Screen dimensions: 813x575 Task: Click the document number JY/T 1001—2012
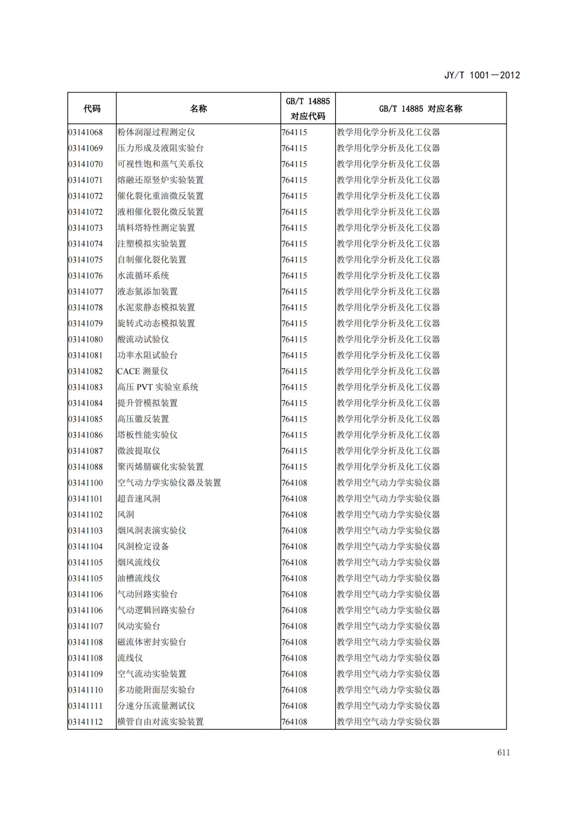pyautogui.click(x=482, y=75)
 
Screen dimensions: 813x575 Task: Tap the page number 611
pyautogui.click(x=503, y=753)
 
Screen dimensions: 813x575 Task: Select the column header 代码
pyautogui.click(x=92, y=109)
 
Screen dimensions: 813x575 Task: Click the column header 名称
pyautogui.click(x=198, y=109)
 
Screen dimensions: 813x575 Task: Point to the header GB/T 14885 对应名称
pyautogui.click(x=420, y=109)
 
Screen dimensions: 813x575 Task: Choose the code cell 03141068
pyautogui.click(x=86, y=132)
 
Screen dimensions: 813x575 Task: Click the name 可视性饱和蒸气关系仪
pyautogui.click(x=160, y=164)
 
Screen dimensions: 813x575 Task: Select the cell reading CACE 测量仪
pyautogui.click(x=142, y=372)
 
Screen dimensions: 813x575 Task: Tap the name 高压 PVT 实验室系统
pyautogui.click(x=157, y=387)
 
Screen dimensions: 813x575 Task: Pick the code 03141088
pyautogui.click(x=86, y=467)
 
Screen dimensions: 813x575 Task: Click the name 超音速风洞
pyautogui.click(x=139, y=499)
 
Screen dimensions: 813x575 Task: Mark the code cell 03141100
pyautogui.click(x=86, y=483)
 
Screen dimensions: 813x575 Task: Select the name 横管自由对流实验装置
pyautogui.click(x=160, y=722)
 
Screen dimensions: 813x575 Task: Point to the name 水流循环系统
pyautogui.click(x=143, y=276)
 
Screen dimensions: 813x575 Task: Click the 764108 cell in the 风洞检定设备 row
pyautogui.click(x=294, y=547)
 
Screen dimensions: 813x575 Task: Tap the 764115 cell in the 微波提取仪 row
pyautogui.click(x=294, y=451)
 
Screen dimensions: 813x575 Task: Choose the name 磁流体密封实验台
pyautogui.click(x=151, y=642)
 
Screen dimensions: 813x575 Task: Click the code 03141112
pyautogui.click(x=86, y=722)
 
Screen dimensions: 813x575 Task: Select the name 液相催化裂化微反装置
pyautogui.click(x=160, y=212)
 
